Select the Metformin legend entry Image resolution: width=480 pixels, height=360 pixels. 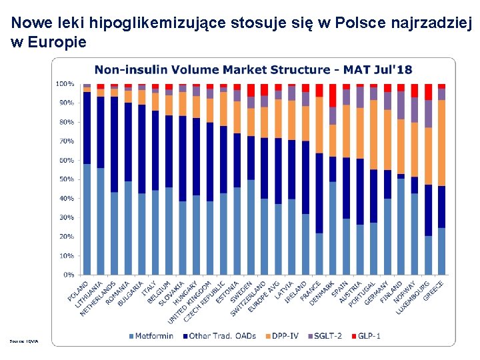tap(154, 335)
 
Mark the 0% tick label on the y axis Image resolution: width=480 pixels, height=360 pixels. tap(68, 275)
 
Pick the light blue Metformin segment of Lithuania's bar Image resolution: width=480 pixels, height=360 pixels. tap(101, 221)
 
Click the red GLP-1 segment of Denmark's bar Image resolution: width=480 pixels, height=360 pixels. tap(333, 95)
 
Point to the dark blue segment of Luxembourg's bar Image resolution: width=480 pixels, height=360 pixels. tap(428, 210)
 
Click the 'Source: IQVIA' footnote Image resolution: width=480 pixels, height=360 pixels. tap(25, 341)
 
